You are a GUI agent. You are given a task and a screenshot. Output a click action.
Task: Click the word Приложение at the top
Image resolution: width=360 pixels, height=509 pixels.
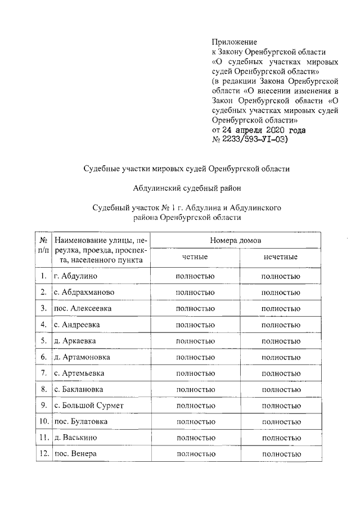click(234, 42)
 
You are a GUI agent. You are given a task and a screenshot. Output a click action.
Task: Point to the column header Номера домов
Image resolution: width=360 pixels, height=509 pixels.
click(236, 240)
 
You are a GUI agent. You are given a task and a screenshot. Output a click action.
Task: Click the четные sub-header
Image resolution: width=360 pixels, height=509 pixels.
click(195, 256)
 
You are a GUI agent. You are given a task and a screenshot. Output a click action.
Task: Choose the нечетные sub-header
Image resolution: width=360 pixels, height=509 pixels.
click(280, 256)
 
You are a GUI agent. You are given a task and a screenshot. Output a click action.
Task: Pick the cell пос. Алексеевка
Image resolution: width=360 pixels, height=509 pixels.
click(82, 309)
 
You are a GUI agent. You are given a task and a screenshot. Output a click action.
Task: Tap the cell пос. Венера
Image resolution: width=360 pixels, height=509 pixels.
click(75, 454)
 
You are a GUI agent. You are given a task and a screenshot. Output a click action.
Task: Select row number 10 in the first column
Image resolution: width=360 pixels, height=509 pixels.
click(43, 422)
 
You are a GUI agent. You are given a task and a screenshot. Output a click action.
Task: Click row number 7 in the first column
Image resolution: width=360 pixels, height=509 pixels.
click(43, 373)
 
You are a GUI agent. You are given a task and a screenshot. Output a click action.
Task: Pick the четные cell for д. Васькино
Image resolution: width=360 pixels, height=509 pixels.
click(195, 438)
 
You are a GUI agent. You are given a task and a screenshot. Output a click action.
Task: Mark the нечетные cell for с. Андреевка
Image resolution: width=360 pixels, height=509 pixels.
click(280, 325)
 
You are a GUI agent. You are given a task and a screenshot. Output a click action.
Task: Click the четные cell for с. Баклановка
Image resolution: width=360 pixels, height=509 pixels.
click(195, 389)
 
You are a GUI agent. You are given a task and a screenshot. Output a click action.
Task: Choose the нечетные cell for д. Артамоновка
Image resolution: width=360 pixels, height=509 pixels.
click(280, 357)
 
